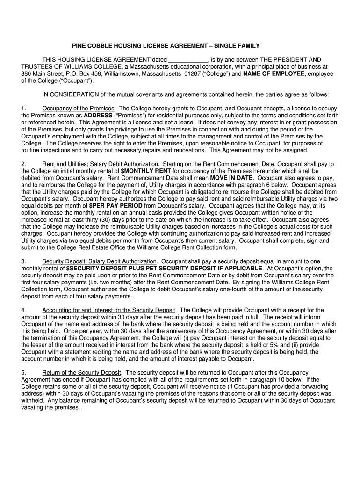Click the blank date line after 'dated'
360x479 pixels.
(187, 60)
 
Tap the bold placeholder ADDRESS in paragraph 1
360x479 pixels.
(98, 115)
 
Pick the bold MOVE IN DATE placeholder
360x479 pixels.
(231, 178)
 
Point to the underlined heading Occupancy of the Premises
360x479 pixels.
(78, 109)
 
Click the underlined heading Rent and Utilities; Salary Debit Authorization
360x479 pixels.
(100, 164)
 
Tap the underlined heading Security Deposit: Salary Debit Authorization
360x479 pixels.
(99, 261)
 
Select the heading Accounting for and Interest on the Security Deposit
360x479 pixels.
(109, 310)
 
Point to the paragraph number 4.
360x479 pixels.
(23, 310)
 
